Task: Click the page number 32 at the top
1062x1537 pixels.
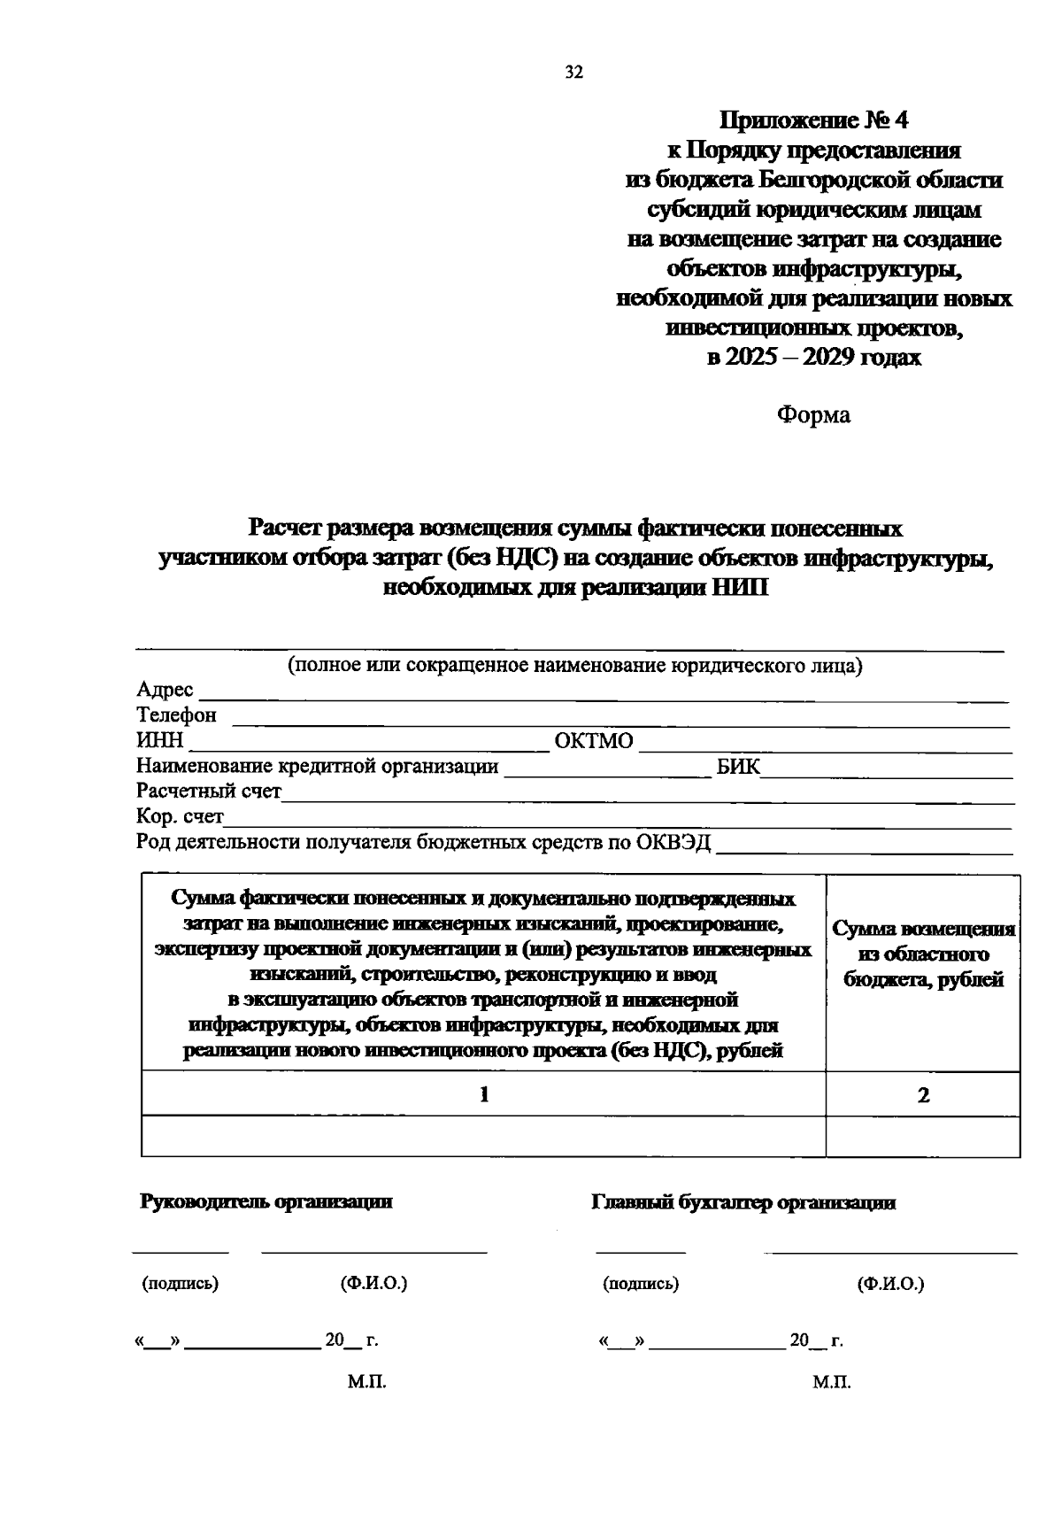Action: tap(573, 73)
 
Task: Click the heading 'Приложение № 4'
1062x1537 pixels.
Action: tap(813, 120)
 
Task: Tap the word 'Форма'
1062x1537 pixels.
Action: tap(813, 414)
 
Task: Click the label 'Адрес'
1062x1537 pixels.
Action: tap(165, 690)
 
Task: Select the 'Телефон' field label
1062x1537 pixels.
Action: tap(176, 714)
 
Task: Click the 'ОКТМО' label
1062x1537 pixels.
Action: tap(593, 740)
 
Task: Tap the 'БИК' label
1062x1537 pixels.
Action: tap(738, 766)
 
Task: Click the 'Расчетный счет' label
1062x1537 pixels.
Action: tap(209, 791)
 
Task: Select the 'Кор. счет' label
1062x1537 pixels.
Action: tap(180, 816)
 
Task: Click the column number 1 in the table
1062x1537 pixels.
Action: tap(484, 1094)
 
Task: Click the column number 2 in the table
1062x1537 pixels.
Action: tap(923, 1095)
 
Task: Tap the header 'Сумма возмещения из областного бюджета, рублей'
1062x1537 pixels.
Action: tap(923, 954)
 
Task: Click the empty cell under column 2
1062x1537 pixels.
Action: tap(923, 1136)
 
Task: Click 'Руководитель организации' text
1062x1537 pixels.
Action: tap(266, 1201)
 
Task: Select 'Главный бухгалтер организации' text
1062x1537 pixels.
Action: tap(743, 1202)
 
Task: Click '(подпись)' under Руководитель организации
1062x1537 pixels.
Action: tap(181, 1284)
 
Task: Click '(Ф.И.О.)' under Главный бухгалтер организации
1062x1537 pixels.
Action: tap(890, 1284)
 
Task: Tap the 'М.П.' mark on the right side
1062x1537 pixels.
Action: tap(832, 1382)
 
